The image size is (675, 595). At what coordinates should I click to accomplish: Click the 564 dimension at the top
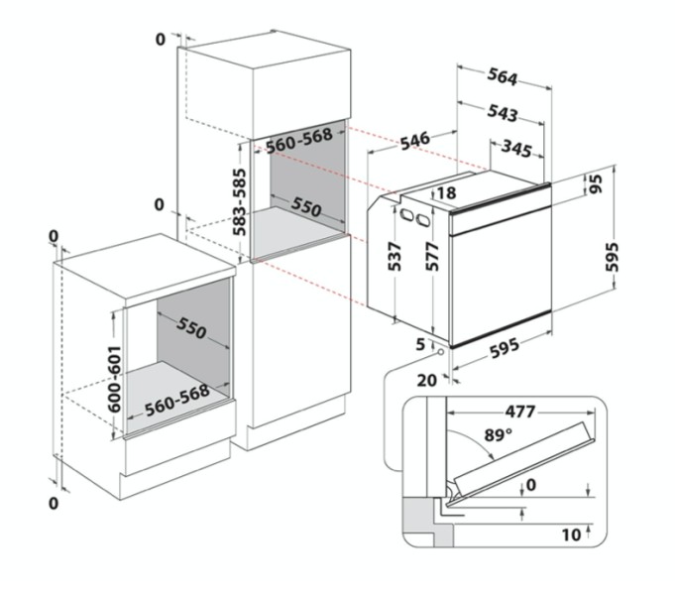[502, 77]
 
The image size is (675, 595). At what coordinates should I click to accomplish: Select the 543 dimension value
[502, 113]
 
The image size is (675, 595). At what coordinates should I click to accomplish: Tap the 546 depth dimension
[415, 141]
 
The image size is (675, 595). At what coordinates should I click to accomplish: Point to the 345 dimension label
[516, 149]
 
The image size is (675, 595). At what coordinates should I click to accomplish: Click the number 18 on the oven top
[447, 193]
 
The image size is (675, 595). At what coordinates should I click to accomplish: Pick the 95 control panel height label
[597, 184]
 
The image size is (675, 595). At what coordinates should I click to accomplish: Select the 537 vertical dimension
[394, 257]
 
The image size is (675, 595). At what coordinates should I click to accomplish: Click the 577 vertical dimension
[432, 257]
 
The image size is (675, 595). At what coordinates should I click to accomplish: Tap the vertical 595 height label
[612, 257]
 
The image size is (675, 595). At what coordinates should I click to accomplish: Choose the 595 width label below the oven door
[505, 348]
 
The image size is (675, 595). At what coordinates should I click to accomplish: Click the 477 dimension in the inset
[520, 413]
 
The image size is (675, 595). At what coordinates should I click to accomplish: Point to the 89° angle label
[499, 434]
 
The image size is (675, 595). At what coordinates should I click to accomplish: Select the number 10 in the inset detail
[572, 535]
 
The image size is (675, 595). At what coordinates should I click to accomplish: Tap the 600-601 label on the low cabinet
[115, 379]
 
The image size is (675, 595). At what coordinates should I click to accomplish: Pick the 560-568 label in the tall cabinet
[299, 141]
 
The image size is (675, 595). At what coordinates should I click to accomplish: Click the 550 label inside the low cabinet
[191, 329]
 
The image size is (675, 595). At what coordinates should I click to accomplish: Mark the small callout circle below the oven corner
[441, 352]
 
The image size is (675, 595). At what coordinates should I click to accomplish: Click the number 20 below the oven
[427, 381]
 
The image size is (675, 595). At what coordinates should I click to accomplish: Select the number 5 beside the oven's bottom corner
[420, 344]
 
